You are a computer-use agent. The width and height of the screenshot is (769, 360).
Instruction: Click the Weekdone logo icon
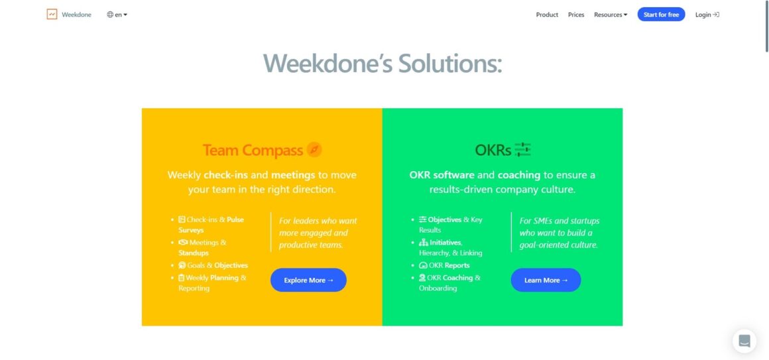pyautogui.click(x=52, y=14)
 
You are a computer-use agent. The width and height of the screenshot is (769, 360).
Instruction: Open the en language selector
pyautogui.click(x=117, y=15)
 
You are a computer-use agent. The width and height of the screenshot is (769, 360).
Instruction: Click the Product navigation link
pyautogui.click(x=547, y=15)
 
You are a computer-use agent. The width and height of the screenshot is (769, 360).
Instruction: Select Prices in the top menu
pyautogui.click(x=576, y=15)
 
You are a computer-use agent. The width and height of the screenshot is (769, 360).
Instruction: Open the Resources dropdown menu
pyautogui.click(x=611, y=15)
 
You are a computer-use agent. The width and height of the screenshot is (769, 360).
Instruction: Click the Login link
pyautogui.click(x=707, y=15)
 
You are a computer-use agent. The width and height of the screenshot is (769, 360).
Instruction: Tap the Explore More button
pyautogui.click(x=308, y=280)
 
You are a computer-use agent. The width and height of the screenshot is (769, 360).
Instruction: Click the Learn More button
pyautogui.click(x=546, y=280)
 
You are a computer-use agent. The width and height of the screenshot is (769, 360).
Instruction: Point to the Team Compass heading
pyautogui.click(x=253, y=150)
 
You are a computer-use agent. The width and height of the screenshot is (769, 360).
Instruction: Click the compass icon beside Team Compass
pyautogui.click(x=314, y=150)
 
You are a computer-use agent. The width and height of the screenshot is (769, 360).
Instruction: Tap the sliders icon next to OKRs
pyautogui.click(x=523, y=150)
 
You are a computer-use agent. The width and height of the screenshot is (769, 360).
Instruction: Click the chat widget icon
pyautogui.click(x=744, y=341)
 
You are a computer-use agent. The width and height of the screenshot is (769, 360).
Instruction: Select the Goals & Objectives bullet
pyautogui.click(x=213, y=265)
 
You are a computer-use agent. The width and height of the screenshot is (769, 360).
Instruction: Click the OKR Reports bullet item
pyautogui.click(x=444, y=265)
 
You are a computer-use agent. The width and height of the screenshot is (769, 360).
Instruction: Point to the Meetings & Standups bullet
pyautogui.click(x=203, y=248)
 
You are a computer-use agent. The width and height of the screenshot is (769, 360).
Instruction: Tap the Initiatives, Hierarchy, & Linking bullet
pyautogui.click(x=450, y=248)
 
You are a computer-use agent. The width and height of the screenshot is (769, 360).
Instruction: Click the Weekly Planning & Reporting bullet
pyautogui.click(x=212, y=283)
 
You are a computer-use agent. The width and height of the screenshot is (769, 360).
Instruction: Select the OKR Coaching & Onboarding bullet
pyautogui.click(x=449, y=283)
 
